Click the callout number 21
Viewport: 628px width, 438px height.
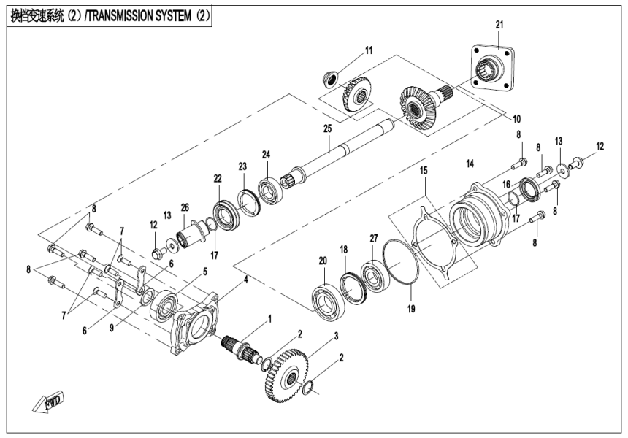click(x=499, y=25)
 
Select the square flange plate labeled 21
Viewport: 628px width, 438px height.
click(x=491, y=70)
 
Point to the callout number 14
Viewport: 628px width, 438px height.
click(x=470, y=165)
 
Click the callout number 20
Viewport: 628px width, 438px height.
click(x=322, y=260)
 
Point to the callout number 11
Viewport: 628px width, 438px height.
click(x=369, y=50)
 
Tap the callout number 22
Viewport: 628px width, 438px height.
click(x=218, y=179)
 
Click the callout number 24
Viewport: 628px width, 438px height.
click(x=267, y=154)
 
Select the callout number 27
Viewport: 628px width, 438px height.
click(x=373, y=238)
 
